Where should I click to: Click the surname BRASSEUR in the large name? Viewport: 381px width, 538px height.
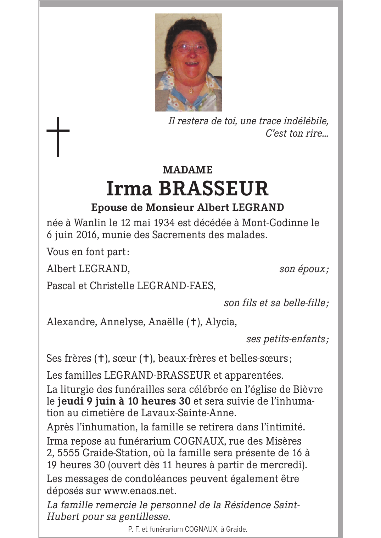[213, 189]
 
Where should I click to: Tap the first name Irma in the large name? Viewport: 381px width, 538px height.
[129, 189]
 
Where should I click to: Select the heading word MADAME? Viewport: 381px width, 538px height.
[187, 170]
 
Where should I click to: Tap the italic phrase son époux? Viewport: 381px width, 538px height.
[303, 269]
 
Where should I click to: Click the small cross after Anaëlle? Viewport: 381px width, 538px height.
[193, 322]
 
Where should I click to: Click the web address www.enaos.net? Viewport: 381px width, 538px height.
[139, 491]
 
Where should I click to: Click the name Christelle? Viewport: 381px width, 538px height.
[112, 286]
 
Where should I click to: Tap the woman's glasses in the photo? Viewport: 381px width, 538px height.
[187, 48]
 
